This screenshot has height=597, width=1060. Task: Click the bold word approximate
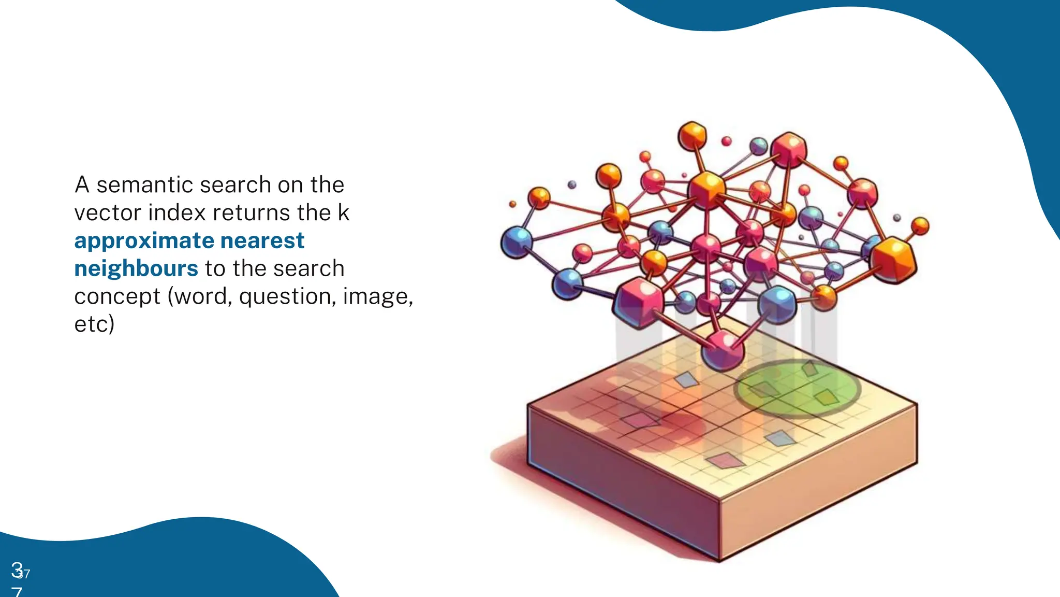tap(144, 241)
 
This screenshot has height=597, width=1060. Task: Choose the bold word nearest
tap(262, 241)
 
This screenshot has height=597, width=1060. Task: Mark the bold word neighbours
tap(136, 269)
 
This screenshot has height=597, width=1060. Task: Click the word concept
tap(117, 297)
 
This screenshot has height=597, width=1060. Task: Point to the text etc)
tap(94, 324)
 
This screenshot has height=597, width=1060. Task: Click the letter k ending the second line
tap(344, 213)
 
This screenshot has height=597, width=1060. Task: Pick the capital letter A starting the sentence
tap(82, 185)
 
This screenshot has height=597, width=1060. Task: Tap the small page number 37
tap(24, 574)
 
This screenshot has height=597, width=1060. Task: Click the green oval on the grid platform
tap(797, 388)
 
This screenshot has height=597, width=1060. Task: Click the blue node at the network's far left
tap(516, 242)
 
